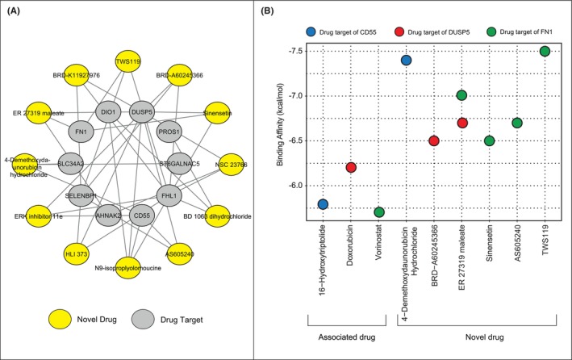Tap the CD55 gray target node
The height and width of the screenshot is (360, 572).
click(143, 216)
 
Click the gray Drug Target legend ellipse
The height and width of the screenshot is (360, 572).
click(148, 319)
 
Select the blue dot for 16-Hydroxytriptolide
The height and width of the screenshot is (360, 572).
click(324, 203)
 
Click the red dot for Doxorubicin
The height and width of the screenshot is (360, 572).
click(351, 167)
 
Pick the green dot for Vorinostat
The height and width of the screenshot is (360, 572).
click(379, 212)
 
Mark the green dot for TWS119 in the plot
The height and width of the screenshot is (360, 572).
click(545, 51)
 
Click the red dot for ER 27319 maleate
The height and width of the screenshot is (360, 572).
click(462, 123)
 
